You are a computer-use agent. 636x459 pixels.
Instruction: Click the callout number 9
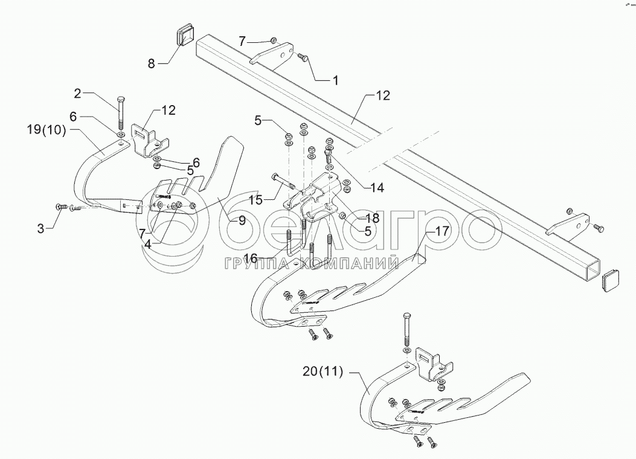(242, 220)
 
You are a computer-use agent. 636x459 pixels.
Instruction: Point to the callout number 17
(443, 230)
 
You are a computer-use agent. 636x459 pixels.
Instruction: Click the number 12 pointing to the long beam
(383, 95)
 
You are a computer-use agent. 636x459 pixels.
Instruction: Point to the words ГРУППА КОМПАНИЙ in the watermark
(312, 263)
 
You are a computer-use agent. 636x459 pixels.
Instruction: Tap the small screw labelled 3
(61, 207)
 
